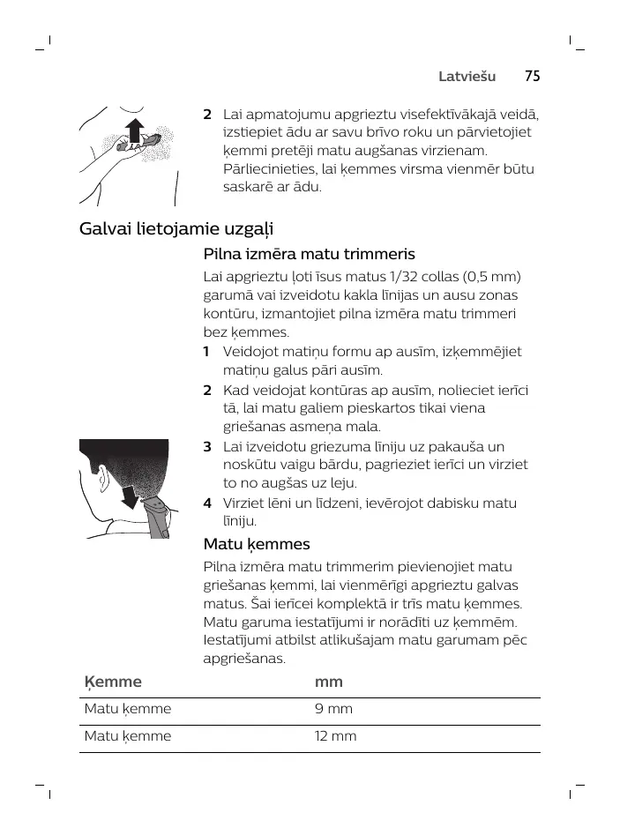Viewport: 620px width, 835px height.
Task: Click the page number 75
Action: pos(532,77)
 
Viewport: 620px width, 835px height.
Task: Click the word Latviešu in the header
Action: pos(467,77)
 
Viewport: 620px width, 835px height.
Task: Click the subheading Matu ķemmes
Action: pos(257,544)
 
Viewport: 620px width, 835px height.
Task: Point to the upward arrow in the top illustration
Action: pos(134,130)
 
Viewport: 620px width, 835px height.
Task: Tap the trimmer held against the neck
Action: pos(159,516)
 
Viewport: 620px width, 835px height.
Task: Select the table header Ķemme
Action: pos(112,682)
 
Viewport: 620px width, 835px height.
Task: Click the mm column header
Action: pos(328,682)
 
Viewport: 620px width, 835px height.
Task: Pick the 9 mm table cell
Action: pos(333,709)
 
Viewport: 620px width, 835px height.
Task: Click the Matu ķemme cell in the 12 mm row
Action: pos(127,735)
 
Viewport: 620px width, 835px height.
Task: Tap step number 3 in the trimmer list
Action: pos(207,447)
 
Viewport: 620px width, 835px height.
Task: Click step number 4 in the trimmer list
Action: pos(207,503)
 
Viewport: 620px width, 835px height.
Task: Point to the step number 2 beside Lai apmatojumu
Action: pos(207,115)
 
